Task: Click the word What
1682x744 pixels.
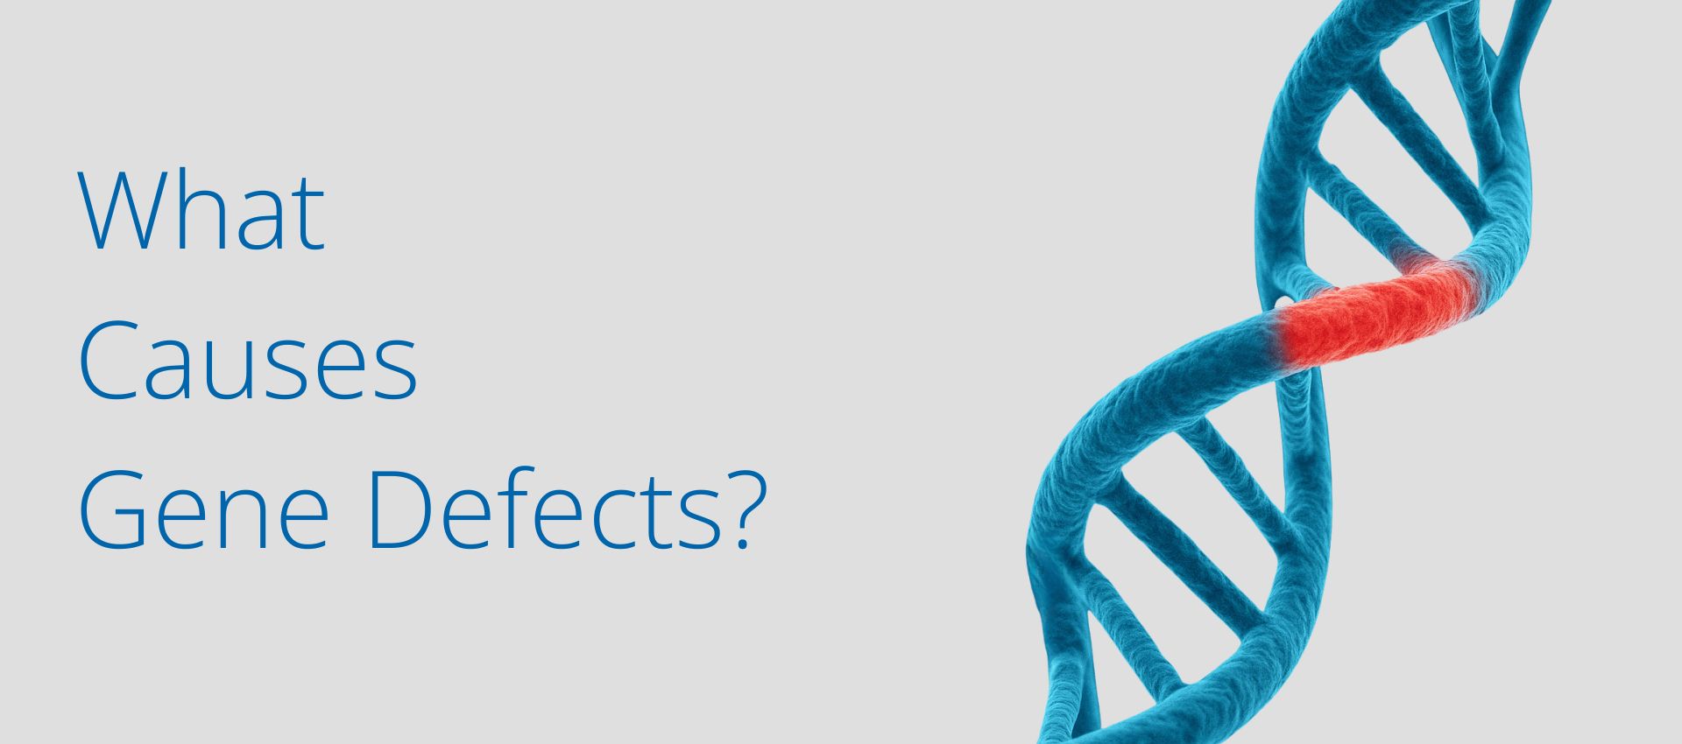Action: (x=202, y=212)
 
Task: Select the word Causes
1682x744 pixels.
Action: (x=248, y=361)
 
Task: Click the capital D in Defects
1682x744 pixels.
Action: (x=403, y=509)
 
